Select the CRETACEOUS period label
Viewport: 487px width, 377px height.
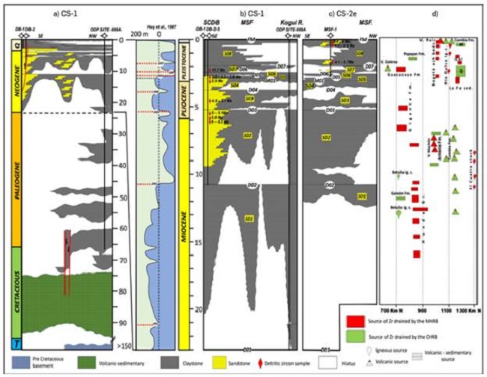[x=17, y=292]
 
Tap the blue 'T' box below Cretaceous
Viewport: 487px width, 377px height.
[x=17, y=343]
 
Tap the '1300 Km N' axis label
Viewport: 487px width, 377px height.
[x=467, y=307]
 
